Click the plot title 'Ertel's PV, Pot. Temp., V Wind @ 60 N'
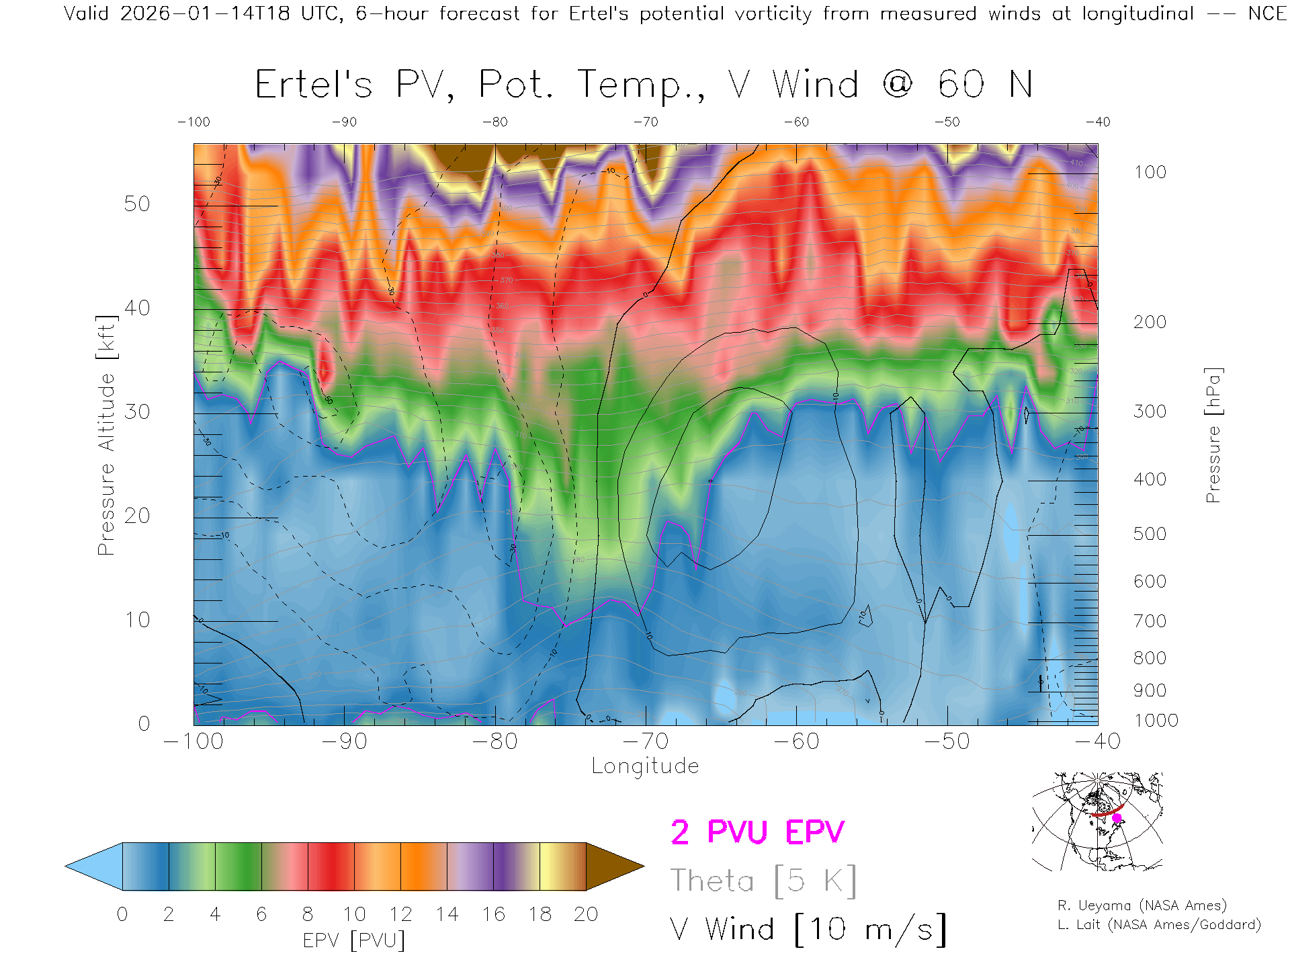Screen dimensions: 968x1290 644,85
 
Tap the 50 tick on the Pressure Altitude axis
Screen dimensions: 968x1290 137,204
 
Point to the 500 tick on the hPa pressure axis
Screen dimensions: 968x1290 1150,534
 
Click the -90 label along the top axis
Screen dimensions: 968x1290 344,122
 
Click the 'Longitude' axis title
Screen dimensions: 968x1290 645,766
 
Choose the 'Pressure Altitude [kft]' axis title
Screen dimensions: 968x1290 107,435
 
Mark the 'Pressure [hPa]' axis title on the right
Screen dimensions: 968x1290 1213,435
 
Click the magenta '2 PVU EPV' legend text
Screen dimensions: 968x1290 757,832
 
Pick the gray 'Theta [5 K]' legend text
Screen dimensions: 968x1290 763,881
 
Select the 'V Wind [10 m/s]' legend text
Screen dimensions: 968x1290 808,930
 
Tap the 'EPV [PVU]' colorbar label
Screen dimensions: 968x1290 354,940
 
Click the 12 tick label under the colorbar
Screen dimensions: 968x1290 400,914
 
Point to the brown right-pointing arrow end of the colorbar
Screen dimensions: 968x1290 613,866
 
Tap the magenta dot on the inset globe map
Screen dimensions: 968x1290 1117,818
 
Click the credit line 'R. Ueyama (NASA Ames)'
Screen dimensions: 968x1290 1142,905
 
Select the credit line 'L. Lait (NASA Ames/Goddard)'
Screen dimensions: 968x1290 1159,924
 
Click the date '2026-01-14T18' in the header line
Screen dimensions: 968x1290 205,13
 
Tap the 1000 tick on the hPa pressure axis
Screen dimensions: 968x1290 1156,721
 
